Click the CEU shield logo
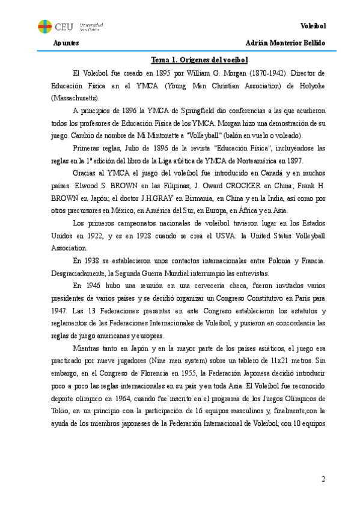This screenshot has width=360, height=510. [44, 26]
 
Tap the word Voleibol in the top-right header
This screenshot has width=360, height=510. [313, 26]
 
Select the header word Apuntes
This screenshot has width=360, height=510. [66, 44]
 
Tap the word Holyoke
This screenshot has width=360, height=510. [311, 85]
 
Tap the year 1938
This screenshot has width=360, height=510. [93, 260]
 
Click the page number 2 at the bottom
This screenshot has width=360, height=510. [324, 479]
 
